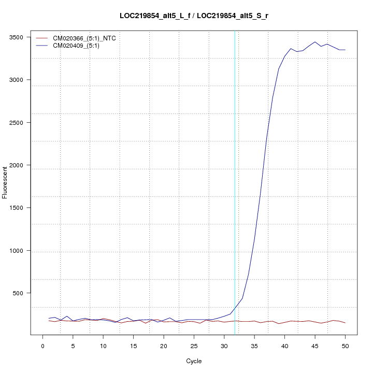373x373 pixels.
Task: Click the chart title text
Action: coord(194,16)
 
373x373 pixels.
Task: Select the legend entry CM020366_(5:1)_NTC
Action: coord(88,38)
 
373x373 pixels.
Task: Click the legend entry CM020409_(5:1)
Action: coord(80,46)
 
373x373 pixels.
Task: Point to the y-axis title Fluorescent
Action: coord(6,182)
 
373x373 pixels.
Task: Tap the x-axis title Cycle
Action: coord(194,361)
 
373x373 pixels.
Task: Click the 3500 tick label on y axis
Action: coord(22,37)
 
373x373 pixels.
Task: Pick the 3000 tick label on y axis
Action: coord(22,80)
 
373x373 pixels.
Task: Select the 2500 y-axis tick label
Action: coord(22,123)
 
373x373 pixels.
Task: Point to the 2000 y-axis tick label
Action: coord(22,165)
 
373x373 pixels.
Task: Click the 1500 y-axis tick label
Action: coord(22,208)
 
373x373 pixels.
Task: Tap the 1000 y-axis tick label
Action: coord(22,251)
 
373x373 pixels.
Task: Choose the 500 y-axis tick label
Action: coord(24,293)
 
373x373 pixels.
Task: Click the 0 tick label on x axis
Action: coord(42,346)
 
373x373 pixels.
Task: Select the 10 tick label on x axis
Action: coord(103,346)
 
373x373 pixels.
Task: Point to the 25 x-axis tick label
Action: coord(194,346)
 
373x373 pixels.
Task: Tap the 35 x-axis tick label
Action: coord(254,346)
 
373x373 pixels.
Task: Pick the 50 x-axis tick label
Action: coord(345,346)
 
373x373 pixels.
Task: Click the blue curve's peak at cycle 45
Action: coord(315,42)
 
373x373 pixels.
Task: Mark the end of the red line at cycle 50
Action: coord(345,323)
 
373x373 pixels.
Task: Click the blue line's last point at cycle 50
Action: coord(345,50)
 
